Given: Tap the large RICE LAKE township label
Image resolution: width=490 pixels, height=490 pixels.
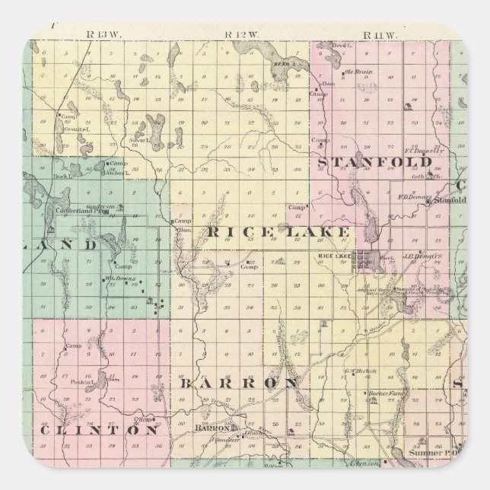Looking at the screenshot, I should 278,231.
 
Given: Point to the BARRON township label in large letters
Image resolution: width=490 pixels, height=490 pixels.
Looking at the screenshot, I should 238,383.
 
